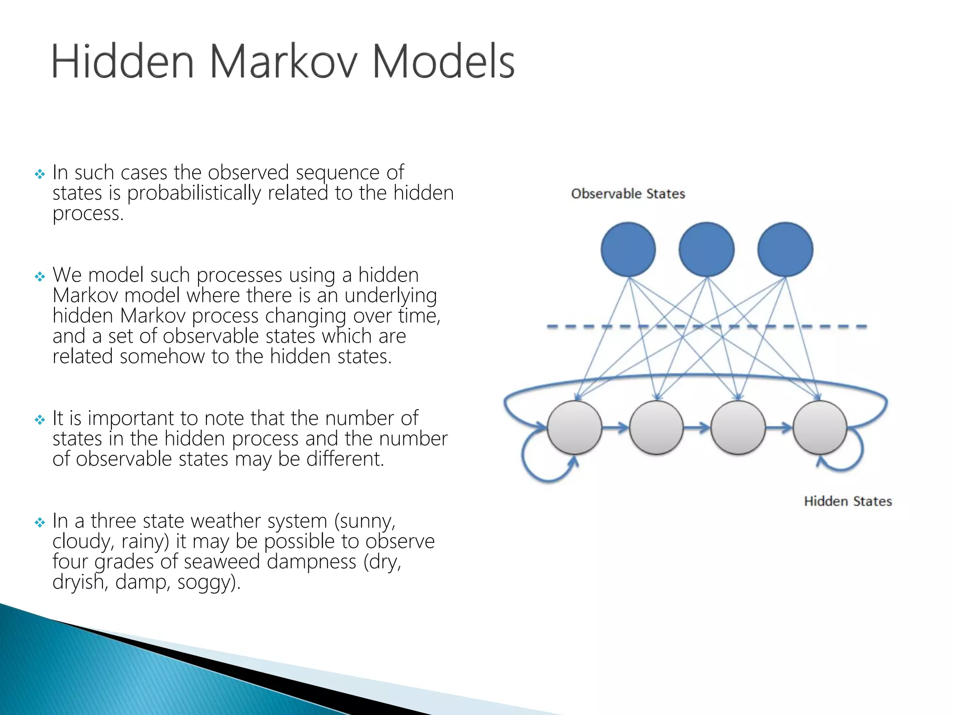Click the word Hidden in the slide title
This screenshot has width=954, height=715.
(122, 62)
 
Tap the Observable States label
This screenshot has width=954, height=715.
(628, 194)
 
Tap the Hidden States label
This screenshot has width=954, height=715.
(848, 501)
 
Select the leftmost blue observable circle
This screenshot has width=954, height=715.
(628, 250)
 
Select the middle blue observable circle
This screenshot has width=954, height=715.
(707, 250)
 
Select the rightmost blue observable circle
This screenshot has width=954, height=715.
(785, 250)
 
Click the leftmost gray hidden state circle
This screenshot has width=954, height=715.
(574, 427)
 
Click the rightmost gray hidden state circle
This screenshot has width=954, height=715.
(820, 427)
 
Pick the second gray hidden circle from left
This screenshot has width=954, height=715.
(656, 427)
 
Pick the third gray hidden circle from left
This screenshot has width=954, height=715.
(738, 427)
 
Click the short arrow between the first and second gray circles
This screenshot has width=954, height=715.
(615, 427)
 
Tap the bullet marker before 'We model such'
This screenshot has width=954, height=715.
(40, 277)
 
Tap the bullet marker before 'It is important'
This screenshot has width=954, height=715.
(40, 420)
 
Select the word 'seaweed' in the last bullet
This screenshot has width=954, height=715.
(222, 562)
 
